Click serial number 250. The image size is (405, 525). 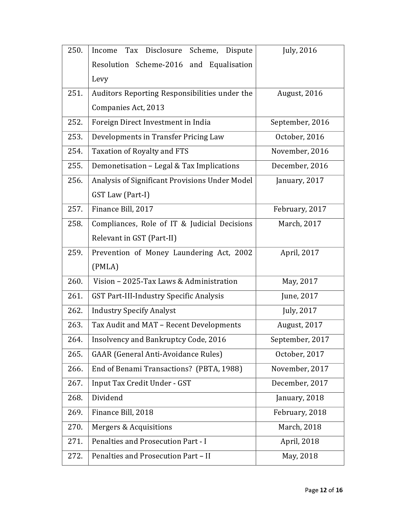coord(75,51)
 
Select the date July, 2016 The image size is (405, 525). coord(300,51)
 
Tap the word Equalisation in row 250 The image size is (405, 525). coord(231,65)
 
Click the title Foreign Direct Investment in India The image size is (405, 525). coord(151,122)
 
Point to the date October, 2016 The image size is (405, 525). coord(300,137)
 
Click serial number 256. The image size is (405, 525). coord(75,181)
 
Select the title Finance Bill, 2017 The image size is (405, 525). coord(122,209)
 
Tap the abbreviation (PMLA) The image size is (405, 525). coord(105,267)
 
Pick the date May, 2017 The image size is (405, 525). coord(300,282)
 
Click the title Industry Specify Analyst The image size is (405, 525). coord(134,311)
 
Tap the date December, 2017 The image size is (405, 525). coord(300,383)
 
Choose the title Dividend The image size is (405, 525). coord(107,398)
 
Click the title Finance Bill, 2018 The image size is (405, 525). coord(122,413)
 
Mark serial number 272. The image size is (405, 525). coord(75,456)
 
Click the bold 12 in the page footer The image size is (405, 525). coord(323,490)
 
